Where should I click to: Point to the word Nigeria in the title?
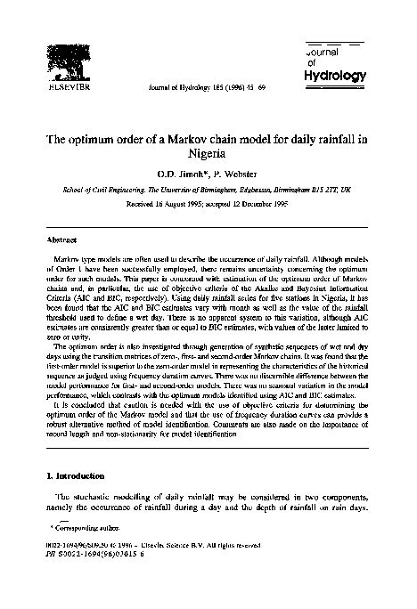(x=208, y=154)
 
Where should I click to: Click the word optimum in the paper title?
(x=109, y=139)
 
